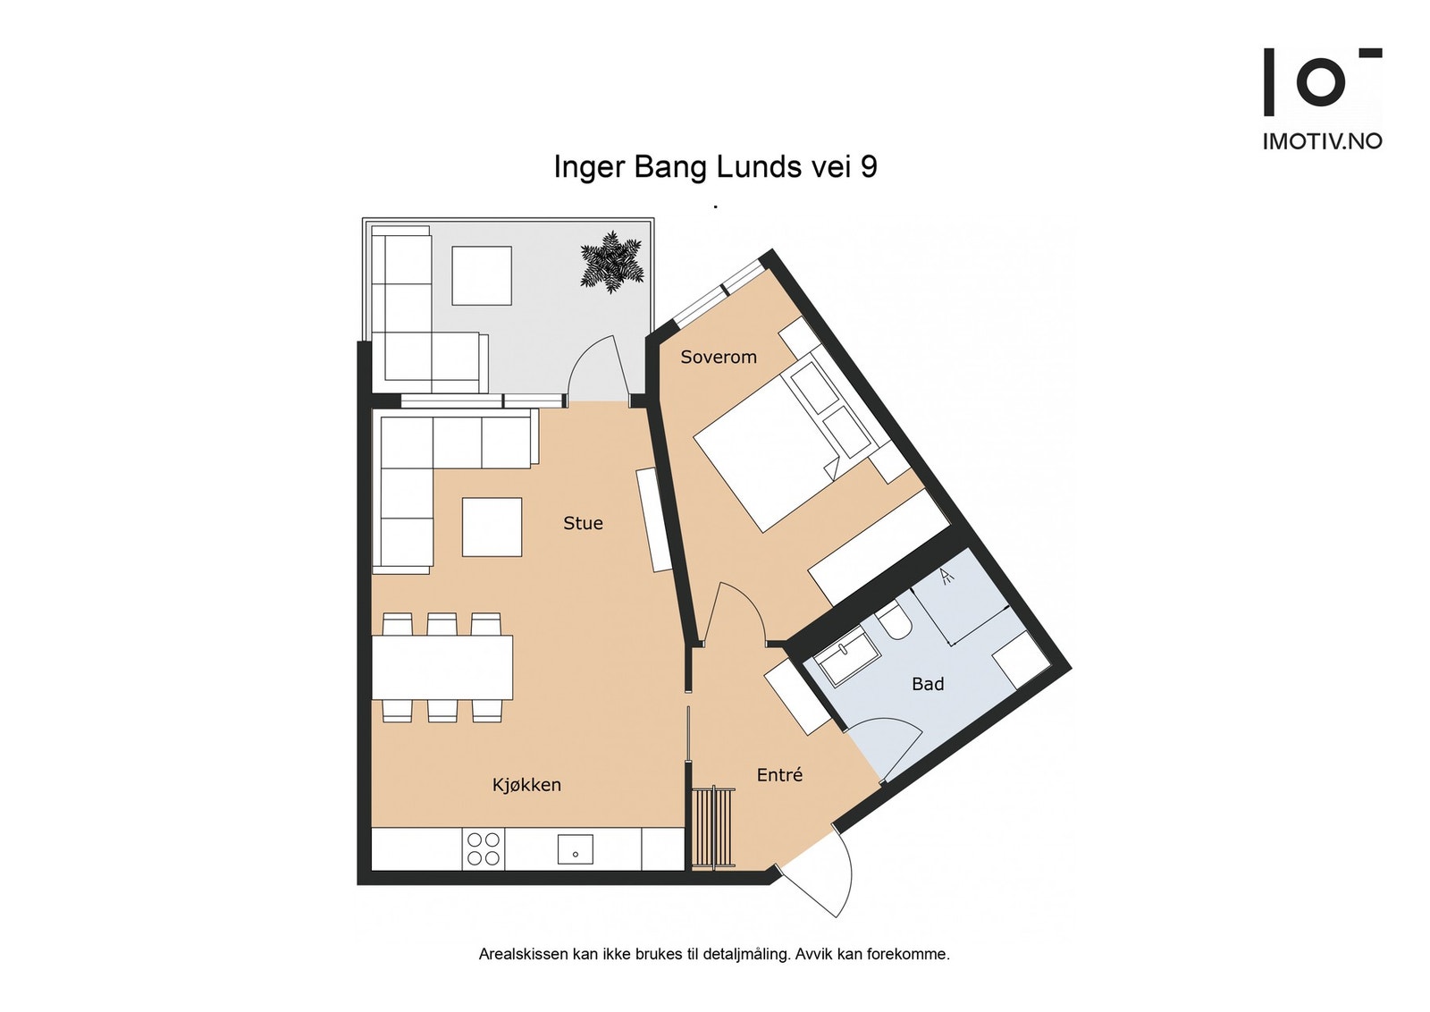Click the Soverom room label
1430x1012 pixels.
pyautogui.click(x=718, y=357)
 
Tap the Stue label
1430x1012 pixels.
pyautogui.click(x=583, y=523)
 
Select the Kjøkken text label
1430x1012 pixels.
pyautogui.click(x=526, y=785)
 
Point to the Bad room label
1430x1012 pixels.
pyautogui.click(x=927, y=684)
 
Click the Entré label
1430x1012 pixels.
pyautogui.click(x=779, y=775)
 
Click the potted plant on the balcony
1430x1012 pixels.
pyautogui.click(x=611, y=262)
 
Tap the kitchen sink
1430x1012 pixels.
pyautogui.click(x=575, y=849)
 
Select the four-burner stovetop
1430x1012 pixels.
pyautogui.click(x=484, y=848)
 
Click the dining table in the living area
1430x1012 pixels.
pyautogui.click(x=442, y=667)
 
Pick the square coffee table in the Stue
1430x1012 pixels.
pyautogui.click(x=492, y=527)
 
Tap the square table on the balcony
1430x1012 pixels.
pyautogui.click(x=481, y=275)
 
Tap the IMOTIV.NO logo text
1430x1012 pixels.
pyautogui.click(x=1321, y=141)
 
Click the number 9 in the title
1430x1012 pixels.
pyautogui.click(x=868, y=167)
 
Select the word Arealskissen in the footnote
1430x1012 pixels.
pyautogui.click(x=523, y=954)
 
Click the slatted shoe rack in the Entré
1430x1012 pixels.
pyautogui.click(x=712, y=828)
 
